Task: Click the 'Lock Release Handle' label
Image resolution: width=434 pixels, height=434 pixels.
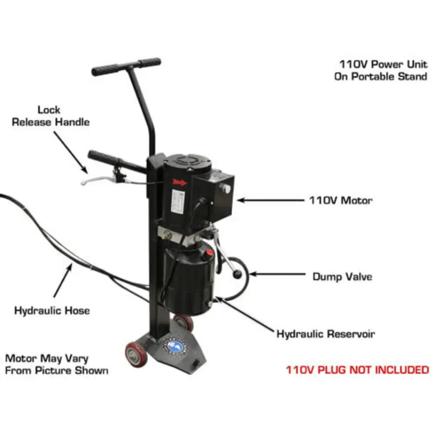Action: pyautogui.click(x=50, y=116)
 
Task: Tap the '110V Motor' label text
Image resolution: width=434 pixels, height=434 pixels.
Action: pyautogui.click(x=340, y=200)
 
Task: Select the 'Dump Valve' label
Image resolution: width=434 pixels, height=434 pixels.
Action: pyautogui.click(x=342, y=277)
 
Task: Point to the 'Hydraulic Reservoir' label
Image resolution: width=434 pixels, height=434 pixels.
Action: pyautogui.click(x=325, y=334)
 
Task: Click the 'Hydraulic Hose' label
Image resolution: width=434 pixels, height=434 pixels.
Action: pyautogui.click(x=52, y=311)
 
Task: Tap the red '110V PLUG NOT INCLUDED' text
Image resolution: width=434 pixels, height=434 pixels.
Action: pyautogui.click(x=357, y=370)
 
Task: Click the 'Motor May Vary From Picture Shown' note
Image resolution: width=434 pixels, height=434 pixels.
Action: pyautogui.click(x=56, y=364)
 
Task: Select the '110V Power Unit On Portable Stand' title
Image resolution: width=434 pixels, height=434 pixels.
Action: pyautogui.click(x=381, y=70)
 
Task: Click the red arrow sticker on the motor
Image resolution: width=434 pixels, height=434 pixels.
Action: pyautogui.click(x=180, y=182)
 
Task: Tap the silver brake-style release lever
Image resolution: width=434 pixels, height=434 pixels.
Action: pyautogui.click(x=96, y=180)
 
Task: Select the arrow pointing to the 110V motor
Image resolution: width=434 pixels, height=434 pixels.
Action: pyautogui.click(x=271, y=200)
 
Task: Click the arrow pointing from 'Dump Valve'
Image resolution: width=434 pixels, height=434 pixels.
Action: pyautogui.click(x=277, y=274)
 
